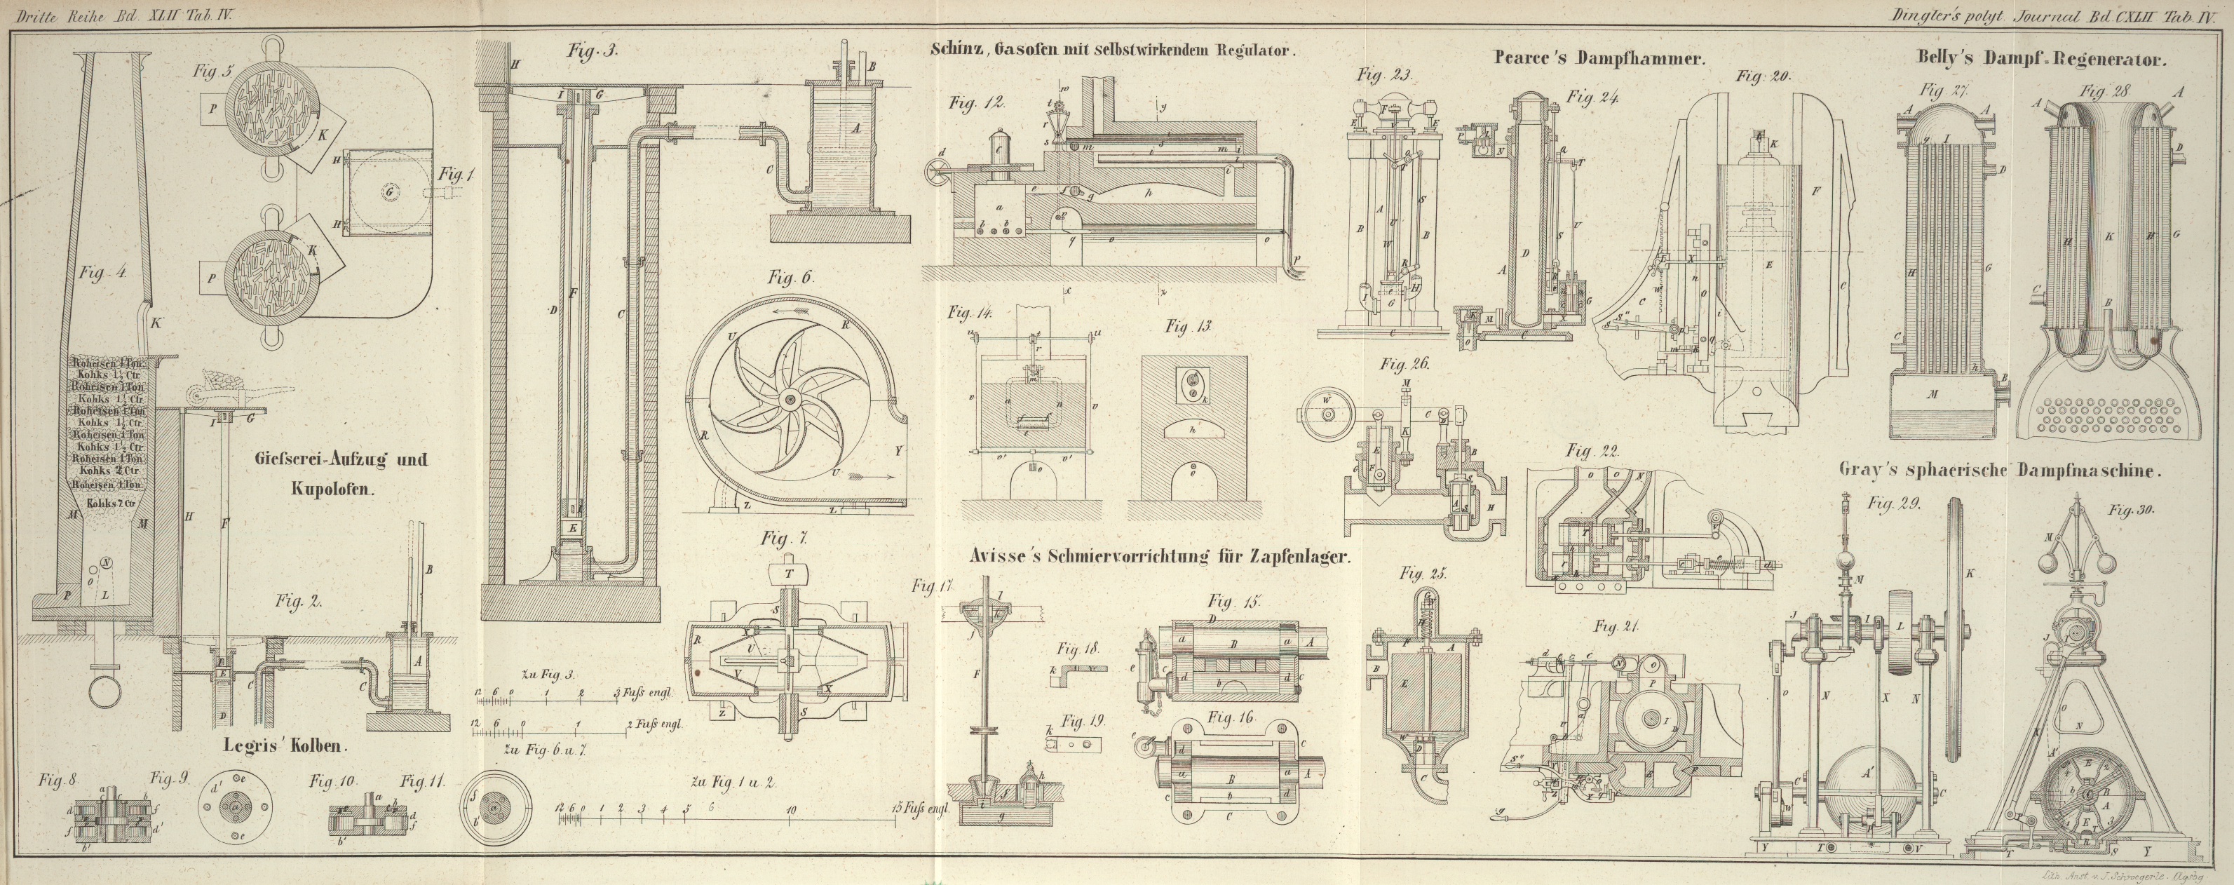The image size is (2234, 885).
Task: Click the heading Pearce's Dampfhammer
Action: [x=1599, y=59]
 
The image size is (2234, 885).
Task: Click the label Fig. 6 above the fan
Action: [x=789, y=278]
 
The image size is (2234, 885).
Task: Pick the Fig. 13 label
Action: [x=1187, y=326]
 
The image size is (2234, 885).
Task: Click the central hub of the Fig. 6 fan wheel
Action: [x=790, y=399]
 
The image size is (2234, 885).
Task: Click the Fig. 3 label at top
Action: [x=593, y=51]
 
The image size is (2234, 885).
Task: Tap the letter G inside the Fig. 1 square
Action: [x=389, y=189]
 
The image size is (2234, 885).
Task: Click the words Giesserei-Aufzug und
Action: [x=341, y=460]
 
